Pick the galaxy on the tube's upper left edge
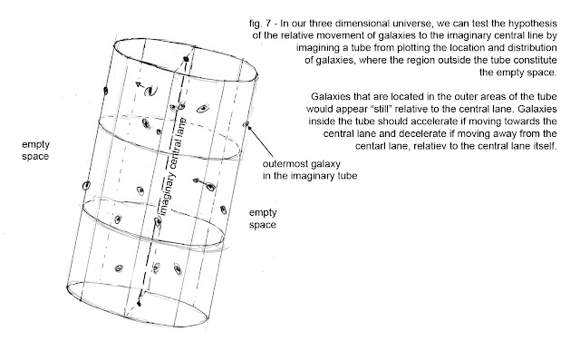106,91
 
